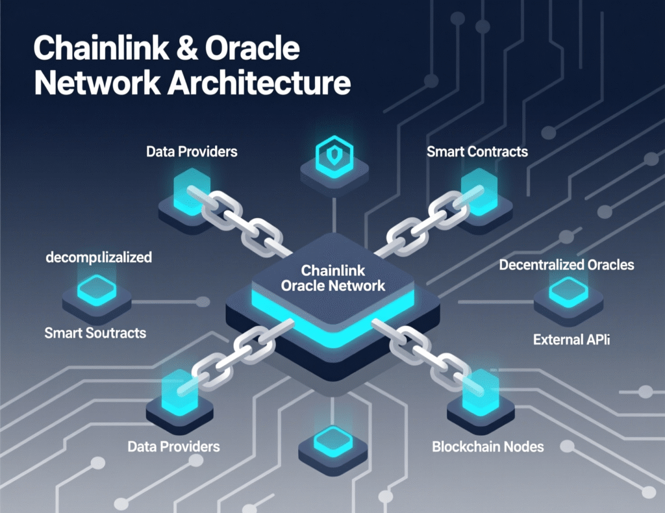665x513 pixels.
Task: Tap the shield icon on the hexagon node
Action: point(333,156)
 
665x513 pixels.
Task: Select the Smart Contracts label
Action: point(477,152)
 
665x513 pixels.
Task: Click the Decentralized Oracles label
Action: point(566,265)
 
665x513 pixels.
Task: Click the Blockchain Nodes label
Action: point(488,447)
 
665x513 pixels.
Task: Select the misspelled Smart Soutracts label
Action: point(95,333)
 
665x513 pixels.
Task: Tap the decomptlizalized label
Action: point(99,257)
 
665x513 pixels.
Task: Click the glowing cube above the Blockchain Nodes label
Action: point(480,392)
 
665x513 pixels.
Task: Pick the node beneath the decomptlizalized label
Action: point(97,292)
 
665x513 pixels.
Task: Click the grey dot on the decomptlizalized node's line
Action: point(203,301)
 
